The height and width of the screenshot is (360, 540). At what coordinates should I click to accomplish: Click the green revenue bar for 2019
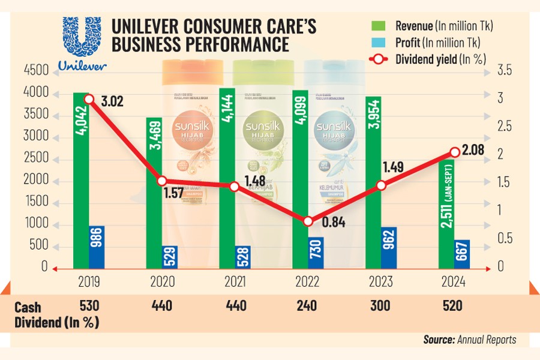[81, 180]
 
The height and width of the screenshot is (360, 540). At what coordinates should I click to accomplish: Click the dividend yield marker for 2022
[308, 221]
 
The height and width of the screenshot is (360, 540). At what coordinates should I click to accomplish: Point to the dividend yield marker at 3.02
[89, 100]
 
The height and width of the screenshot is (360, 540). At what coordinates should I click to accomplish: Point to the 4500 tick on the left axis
[37, 71]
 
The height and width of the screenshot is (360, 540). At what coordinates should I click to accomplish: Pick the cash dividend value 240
[307, 305]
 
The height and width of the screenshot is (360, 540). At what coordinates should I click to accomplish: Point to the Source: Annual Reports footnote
[469, 340]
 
